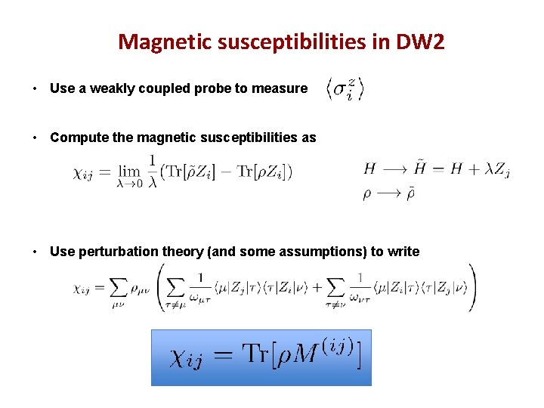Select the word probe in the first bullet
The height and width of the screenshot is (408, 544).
point(214,88)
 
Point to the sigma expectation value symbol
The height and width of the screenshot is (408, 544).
point(345,88)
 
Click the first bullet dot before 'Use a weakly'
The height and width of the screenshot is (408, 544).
point(36,89)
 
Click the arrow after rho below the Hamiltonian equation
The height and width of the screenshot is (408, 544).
point(392,193)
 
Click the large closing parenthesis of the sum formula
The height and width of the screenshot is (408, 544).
point(471,287)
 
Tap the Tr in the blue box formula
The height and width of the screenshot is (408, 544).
point(258,354)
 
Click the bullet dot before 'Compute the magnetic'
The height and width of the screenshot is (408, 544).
point(36,138)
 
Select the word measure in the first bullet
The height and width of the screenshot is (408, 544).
point(281,88)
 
